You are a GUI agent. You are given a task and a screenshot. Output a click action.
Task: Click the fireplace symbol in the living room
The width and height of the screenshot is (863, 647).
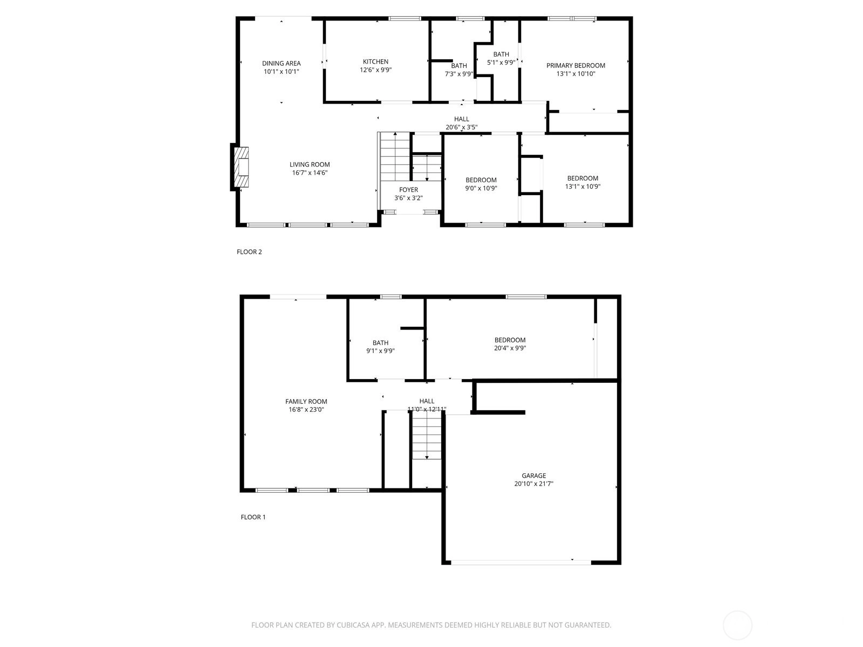click(x=241, y=167)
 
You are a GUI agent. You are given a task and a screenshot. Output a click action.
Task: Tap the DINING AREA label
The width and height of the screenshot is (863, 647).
click(x=281, y=63)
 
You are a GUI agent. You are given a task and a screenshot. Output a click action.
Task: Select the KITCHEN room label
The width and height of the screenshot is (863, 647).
click(x=375, y=61)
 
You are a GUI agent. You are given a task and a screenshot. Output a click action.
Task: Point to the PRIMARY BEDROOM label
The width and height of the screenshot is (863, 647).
click(x=576, y=66)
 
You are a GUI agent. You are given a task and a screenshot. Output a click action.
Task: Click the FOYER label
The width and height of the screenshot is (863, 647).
click(x=408, y=190)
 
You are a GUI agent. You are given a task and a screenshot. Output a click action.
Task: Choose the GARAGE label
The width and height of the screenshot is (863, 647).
click(x=533, y=476)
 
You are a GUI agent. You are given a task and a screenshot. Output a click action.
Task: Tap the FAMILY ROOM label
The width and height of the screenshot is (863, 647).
click(x=306, y=402)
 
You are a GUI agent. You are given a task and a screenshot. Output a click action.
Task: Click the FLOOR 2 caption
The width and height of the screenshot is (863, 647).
click(x=249, y=252)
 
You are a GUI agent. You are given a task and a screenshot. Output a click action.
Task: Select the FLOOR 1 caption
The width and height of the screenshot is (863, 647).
click(x=253, y=517)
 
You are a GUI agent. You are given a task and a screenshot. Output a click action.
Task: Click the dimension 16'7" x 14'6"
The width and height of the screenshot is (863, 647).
click(x=310, y=173)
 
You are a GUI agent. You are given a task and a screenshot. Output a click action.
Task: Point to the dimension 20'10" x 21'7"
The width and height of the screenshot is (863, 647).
click(x=533, y=484)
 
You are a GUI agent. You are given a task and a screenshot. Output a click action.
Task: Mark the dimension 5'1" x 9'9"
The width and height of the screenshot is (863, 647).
click(x=501, y=62)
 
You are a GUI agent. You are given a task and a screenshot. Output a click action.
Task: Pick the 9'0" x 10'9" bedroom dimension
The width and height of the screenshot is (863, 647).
click(x=481, y=188)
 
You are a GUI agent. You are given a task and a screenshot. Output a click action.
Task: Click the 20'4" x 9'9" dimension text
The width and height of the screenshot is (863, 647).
click(x=510, y=348)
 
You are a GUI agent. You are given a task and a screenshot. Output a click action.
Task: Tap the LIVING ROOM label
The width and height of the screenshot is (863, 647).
click(x=310, y=164)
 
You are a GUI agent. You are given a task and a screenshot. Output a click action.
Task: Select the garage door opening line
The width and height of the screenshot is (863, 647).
click(x=521, y=563)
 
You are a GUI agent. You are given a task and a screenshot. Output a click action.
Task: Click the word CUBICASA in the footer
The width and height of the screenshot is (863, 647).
click(x=353, y=625)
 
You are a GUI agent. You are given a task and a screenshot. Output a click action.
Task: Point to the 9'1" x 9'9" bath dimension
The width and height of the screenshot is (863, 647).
click(x=380, y=351)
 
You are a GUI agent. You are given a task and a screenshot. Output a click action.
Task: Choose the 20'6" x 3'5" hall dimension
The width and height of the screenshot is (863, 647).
click(x=461, y=127)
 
